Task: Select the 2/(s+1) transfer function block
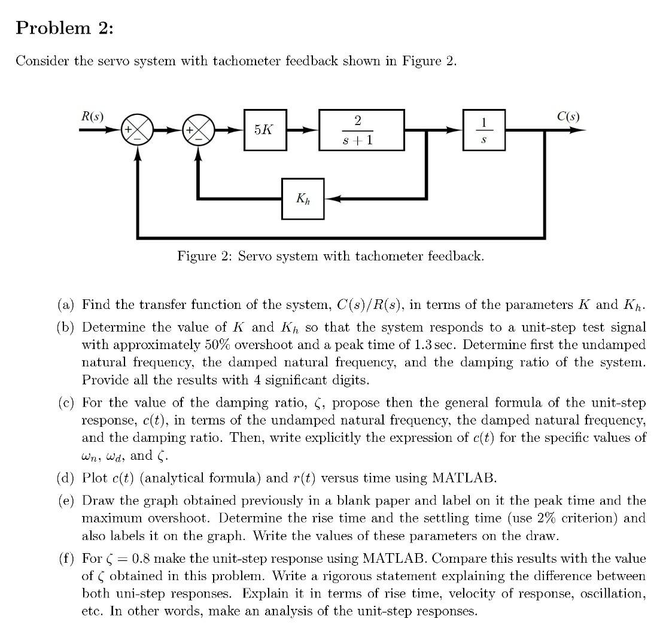(x=361, y=129)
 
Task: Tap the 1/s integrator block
(x=484, y=129)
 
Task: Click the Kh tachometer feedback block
(x=303, y=198)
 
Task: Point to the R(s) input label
(x=92, y=116)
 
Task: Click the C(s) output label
(x=568, y=116)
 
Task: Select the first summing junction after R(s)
(x=138, y=130)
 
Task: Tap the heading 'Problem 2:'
(x=64, y=28)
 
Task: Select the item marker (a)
(x=66, y=305)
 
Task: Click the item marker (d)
(x=66, y=478)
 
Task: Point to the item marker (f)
(x=66, y=559)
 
